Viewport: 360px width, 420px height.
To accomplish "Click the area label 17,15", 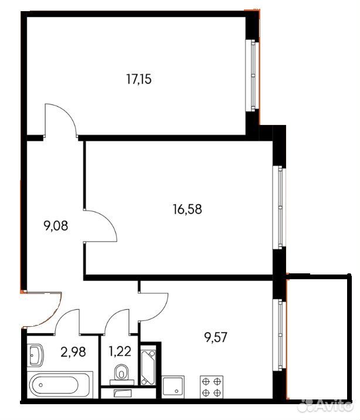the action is point(138,79).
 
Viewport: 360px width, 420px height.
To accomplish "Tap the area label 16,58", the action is point(188,209).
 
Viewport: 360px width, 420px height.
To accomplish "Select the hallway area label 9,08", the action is point(56,226).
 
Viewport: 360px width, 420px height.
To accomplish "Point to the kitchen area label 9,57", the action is point(215,337).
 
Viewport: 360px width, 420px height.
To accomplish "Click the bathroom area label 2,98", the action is point(73,352).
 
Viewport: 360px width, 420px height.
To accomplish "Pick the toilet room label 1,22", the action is point(120,351).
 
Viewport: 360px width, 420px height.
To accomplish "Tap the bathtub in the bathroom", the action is point(60,385).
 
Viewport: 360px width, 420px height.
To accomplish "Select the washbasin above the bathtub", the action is point(35,355).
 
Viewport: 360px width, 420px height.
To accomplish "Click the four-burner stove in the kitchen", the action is point(212,387).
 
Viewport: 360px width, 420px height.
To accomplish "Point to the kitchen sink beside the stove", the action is point(173,387).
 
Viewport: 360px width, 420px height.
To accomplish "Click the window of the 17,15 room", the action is point(253,75).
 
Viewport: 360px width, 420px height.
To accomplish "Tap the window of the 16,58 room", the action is point(279,207).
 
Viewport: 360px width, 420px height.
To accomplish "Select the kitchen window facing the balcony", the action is point(279,335).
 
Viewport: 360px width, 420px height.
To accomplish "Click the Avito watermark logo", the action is point(326,407).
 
